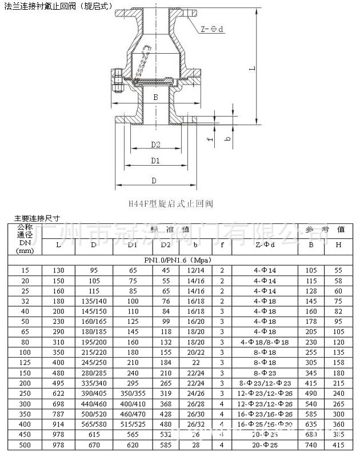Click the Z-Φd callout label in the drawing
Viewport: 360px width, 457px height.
click(214, 28)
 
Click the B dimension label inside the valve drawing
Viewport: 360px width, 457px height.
click(155, 98)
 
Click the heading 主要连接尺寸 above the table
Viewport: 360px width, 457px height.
click(37, 217)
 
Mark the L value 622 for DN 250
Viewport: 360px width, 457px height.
click(59, 394)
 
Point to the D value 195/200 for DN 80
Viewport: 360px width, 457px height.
click(93, 342)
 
